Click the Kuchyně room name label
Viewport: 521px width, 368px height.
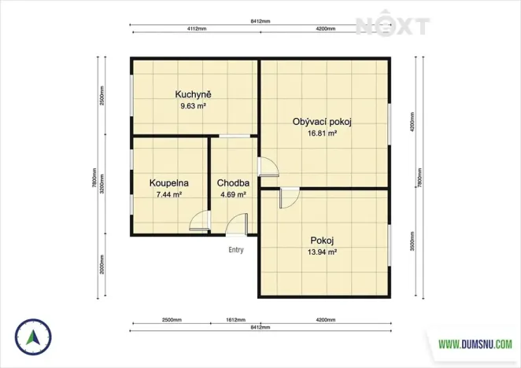tap(193, 94)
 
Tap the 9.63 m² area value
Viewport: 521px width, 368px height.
tap(193, 105)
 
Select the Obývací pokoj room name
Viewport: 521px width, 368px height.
tap(321, 122)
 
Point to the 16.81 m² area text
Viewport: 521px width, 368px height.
tap(321, 133)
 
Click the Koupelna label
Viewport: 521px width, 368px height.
tap(168, 182)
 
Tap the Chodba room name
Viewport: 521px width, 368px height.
tap(233, 182)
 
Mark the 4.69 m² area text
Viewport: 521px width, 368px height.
tap(233, 193)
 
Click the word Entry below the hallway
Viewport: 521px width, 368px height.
tap(236, 250)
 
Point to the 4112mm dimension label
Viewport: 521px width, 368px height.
tap(196, 28)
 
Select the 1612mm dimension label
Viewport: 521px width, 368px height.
tap(235, 321)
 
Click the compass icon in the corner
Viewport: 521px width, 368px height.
tap(33, 337)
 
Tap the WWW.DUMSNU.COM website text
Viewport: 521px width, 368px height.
tap(475, 344)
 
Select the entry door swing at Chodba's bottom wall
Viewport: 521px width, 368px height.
tap(236, 226)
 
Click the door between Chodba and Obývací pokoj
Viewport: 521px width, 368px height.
tap(268, 167)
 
